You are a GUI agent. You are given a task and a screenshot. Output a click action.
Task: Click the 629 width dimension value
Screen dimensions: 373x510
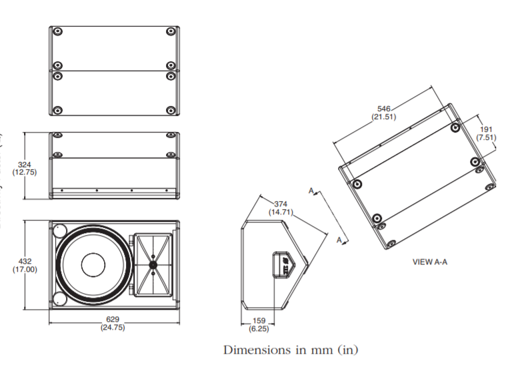pyautogui.click(x=113, y=320)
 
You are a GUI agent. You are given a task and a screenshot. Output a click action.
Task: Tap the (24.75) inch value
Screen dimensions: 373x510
pyautogui.click(x=113, y=328)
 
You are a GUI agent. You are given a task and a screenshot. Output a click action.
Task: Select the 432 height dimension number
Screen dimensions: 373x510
pyautogui.click(x=25, y=261)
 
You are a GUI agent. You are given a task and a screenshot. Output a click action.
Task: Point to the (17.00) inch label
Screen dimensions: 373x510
pyautogui.click(x=25, y=270)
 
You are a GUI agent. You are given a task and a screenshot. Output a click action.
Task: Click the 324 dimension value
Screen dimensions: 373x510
pyautogui.click(x=25, y=164)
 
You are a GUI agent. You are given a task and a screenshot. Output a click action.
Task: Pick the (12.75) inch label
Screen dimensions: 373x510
pyautogui.click(x=25, y=173)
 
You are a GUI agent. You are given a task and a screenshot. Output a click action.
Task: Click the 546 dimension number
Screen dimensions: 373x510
pyautogui.click(x=384, y=108)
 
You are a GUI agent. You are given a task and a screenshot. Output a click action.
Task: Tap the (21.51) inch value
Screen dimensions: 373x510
pyautogui.click(x=384, y=117)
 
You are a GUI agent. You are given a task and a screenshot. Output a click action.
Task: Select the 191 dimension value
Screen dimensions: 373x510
pyautogui.click(x=486, y=129)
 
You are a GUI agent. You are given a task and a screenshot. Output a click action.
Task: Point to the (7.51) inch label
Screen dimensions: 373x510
pyautogui.click(x=486, y=137)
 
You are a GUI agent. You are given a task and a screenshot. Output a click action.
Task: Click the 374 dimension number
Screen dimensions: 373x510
pyautogui.click(x=281, y=204)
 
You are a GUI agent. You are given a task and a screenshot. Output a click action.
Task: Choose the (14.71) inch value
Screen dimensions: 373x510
pyautogui.click(x=281, y=212)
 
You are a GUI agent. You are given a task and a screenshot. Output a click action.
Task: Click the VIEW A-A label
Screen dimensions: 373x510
pyautogui.click(x=429, y=262)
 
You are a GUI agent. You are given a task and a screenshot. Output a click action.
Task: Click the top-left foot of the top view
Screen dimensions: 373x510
pyautogui.click(x=57, y=31)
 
